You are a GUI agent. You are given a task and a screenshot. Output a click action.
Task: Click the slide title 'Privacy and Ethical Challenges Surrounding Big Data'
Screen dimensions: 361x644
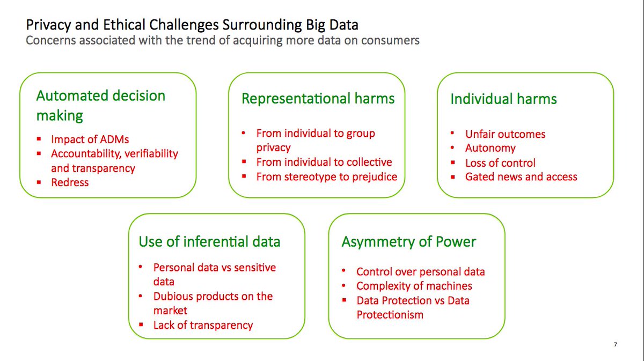click(192, 25)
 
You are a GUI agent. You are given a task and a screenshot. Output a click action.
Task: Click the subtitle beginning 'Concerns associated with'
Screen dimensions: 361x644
click(223, 40)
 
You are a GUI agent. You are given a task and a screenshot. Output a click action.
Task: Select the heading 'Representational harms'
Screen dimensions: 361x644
click(318, 99)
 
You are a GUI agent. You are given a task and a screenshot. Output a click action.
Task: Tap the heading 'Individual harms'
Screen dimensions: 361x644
click(503, 99)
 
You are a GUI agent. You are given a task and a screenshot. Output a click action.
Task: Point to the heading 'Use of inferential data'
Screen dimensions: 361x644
click(209, 242)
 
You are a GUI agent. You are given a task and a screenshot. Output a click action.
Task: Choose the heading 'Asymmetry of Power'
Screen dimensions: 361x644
click(408, 242)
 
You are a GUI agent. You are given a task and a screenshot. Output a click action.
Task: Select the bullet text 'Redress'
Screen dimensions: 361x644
click(70, 182)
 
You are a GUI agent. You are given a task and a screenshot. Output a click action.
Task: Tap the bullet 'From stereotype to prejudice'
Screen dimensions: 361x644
click(326, 176)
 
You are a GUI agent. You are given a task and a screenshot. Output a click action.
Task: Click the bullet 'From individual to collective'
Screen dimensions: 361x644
click(324, 162)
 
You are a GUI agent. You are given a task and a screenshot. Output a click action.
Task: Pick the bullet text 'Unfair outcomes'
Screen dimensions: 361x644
click(505, 134)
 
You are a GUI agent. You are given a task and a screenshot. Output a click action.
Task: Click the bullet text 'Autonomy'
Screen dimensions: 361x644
click(490, 148)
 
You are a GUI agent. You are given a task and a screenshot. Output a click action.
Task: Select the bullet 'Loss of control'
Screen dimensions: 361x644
click(500, 163)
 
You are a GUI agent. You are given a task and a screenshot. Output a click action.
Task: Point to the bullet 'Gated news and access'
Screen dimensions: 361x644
click(521, 177)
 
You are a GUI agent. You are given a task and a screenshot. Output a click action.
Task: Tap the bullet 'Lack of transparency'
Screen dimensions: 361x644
click(203, 325)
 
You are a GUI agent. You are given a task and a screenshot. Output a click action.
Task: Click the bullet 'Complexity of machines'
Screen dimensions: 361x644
click(414, 286)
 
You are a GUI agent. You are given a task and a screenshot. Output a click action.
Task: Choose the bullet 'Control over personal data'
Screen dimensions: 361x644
click(420, 271)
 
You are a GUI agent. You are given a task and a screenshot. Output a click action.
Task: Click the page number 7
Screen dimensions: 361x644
click(615, 344)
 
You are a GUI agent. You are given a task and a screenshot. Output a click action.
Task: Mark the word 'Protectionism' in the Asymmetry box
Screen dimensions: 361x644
click(390, 315)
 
